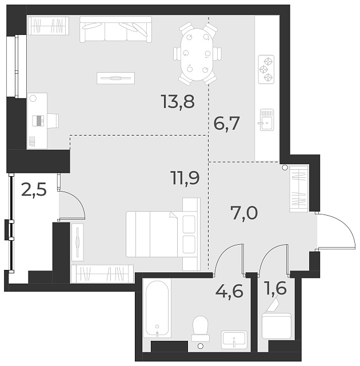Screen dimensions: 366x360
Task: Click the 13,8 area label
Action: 178,103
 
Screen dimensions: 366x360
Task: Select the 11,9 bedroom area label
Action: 185,178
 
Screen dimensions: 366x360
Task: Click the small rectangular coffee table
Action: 116,78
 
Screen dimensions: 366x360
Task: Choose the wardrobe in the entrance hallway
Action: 299,189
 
